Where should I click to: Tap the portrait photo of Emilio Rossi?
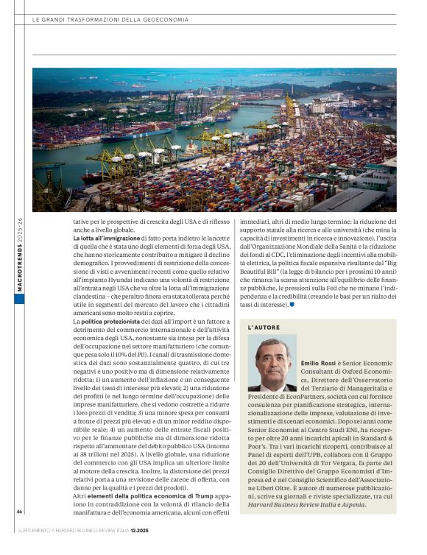(x=272, y=364)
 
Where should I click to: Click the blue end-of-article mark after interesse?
(x=292, y=305)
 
